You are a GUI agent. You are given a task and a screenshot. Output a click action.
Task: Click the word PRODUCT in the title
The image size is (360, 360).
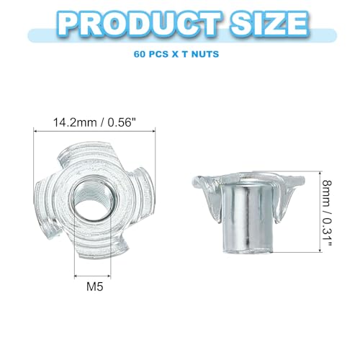point(140,24)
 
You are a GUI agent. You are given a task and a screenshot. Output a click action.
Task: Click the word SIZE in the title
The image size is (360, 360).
point(269,24)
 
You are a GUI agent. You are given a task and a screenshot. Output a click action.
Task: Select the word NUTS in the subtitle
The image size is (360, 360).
point(205,54)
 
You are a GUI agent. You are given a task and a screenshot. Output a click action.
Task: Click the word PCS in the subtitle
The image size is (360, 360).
point(158,54)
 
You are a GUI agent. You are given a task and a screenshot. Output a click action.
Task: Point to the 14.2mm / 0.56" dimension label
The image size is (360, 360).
point(96,122)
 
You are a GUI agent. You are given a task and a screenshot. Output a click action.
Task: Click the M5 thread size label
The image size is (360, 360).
point(95,287)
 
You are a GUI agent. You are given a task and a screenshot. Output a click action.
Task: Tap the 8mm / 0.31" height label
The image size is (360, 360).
point(327,212)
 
